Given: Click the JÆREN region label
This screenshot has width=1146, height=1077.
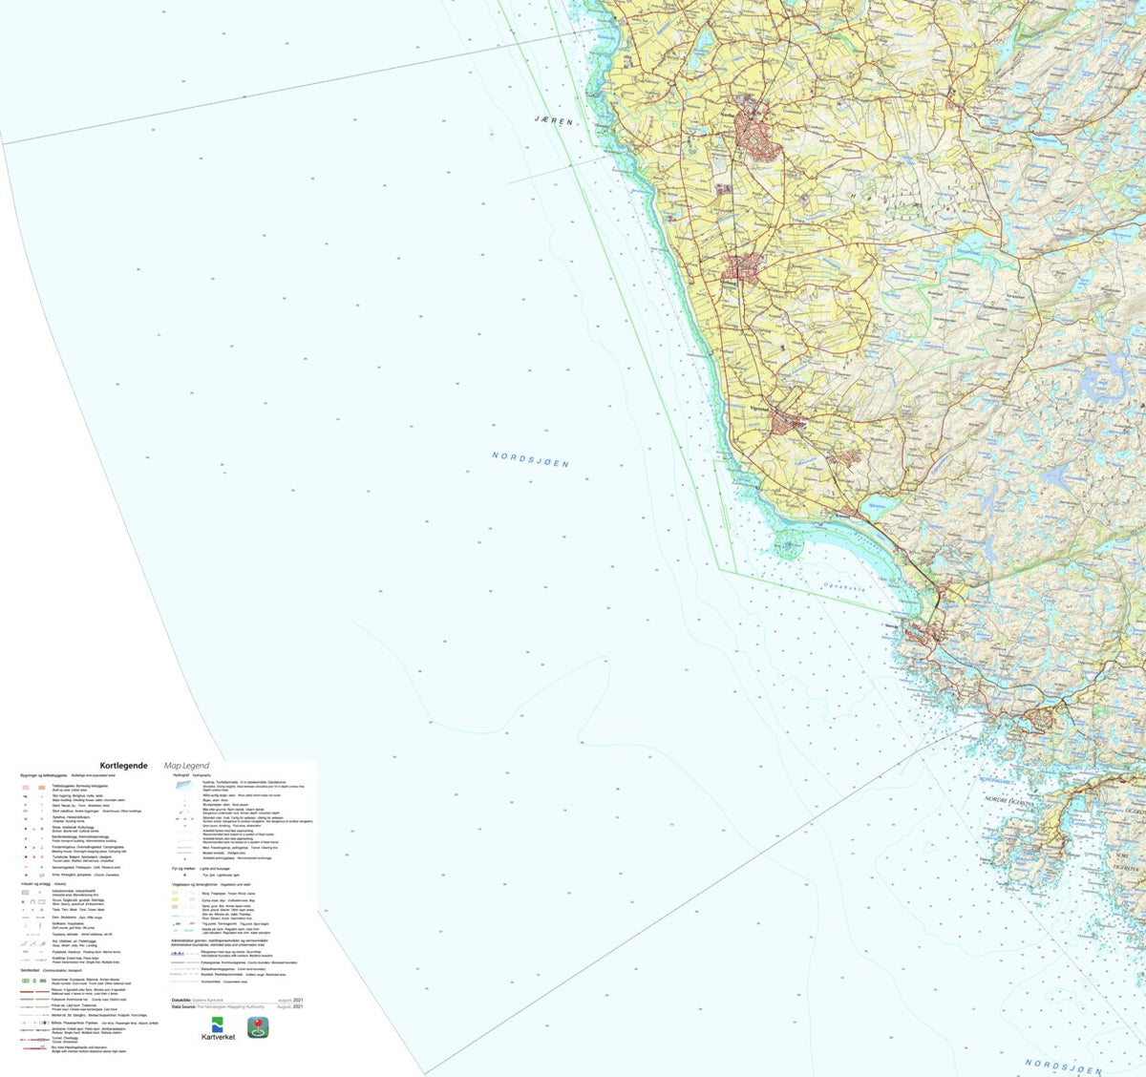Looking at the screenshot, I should [554, 121].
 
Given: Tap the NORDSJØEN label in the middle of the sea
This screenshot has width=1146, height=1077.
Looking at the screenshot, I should [530, 459].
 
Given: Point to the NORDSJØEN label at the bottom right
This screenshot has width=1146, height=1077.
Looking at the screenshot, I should [1063, 1066].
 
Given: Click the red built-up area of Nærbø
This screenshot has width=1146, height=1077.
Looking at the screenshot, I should [760, 139].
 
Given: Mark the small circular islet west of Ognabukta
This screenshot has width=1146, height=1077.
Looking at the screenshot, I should [788, 547].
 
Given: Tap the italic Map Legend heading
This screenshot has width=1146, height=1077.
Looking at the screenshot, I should [186, 765].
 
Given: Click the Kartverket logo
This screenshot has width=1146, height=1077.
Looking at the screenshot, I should [219, 1029].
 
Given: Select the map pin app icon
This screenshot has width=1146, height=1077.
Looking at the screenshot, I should [258, 1026].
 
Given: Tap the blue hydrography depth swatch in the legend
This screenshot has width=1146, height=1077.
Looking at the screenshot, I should [182, 783].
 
